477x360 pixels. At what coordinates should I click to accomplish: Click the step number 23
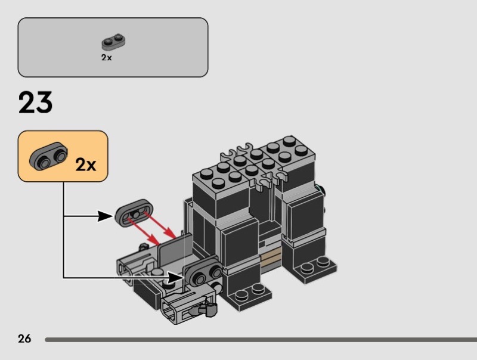coord(36,103)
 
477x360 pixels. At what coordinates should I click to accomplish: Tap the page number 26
coord(24,339)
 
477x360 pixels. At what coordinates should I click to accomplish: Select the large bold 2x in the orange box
coord(85,165)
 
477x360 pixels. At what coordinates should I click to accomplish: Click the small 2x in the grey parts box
coord(106,58)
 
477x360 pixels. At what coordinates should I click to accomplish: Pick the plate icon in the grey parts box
coord(113,42)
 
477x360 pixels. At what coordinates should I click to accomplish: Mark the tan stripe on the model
coord(270,258)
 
